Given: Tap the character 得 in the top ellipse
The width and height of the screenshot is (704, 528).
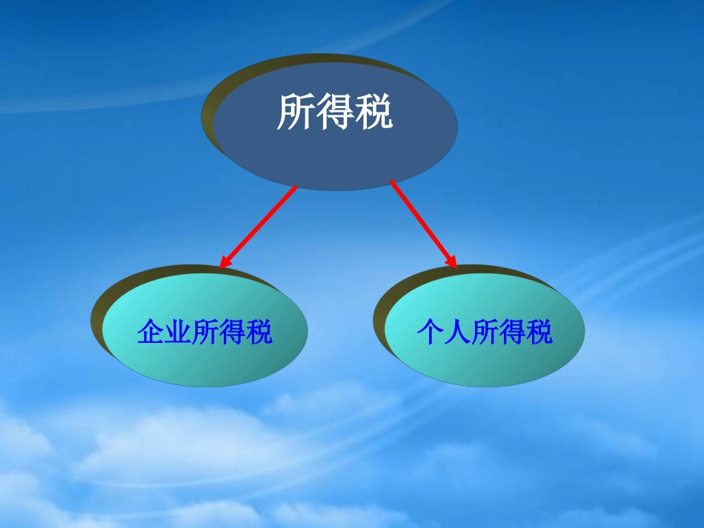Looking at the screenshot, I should click(334, 113).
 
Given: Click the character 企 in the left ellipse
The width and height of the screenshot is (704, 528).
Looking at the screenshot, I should click(150, 332).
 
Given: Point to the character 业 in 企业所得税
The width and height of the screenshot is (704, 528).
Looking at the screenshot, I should click(178, 332).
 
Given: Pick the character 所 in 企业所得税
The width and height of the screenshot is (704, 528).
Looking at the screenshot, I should click(205, 332).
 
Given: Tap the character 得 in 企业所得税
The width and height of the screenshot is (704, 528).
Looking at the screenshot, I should click(233, 332).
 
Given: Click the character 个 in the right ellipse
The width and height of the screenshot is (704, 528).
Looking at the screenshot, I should click(430, 332).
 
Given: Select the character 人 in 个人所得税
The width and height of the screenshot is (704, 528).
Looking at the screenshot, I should click(457, 332).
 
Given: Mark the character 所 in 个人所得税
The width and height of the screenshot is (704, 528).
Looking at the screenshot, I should click(485, 332).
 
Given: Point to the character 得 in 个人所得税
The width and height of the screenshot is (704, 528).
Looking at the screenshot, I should click(512, 332).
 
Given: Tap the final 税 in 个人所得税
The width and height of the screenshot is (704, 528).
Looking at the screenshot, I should click(539, 332).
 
